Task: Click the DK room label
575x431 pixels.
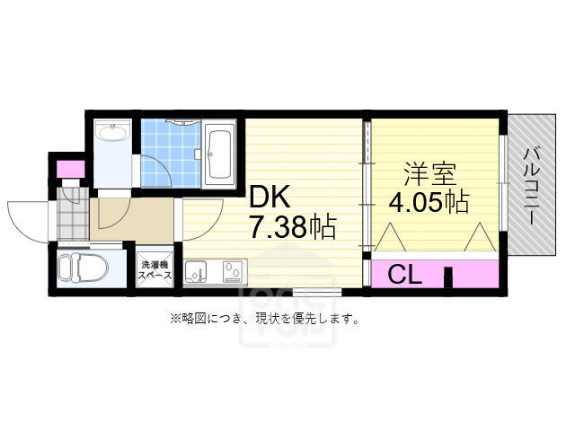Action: [x=270, y=198]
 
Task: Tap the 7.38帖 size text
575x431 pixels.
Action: [x=293, y=226]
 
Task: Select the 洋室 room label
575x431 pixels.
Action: [x=429, y=174]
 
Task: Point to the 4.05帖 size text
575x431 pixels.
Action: [x=429, y=202]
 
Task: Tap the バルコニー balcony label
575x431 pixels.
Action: [x=532, y=186]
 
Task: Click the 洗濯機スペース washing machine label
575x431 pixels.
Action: [x=155, y=269]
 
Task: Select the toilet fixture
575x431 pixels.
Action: [x=84, y=267]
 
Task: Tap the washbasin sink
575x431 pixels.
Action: [x=112, y=133]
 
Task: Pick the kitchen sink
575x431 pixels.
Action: [x=196, y=271]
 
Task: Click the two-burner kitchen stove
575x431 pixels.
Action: [x=234, y=271]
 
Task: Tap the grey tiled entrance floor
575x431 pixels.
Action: [x=74, y=215]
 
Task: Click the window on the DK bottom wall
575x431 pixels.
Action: [x=317, y=292]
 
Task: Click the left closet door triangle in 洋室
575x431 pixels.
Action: [x=389, y=237]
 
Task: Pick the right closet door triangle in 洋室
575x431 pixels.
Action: [x=480, y=237]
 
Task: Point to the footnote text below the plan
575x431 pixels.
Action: [x=264, y=318]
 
